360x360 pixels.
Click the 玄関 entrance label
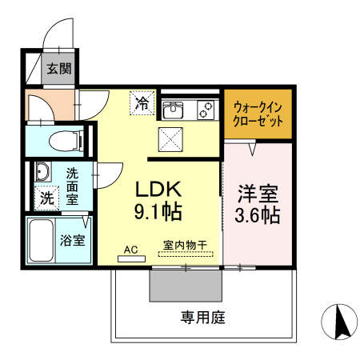pyautogui.click(x=57, y=69)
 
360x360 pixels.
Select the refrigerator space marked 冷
pyautogui.click(x=142, y=102)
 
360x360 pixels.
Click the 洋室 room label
pyautogui.click(x=257, y=194)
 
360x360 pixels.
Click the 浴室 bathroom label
pyautogui.click(x=74, y=238)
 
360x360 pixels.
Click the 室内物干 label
pyautogui.click(x=185, y=246)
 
